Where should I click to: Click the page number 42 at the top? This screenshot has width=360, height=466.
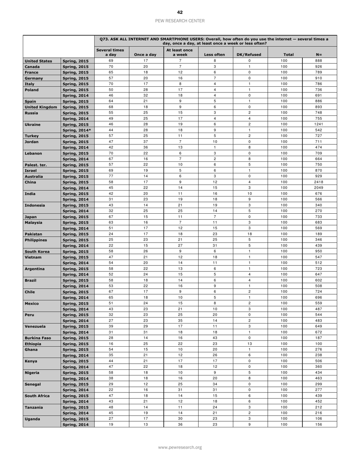180,12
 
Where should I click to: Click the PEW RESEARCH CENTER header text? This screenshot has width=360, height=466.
180,21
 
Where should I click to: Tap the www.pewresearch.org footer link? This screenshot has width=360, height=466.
180,447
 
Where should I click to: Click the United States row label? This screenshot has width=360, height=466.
38,61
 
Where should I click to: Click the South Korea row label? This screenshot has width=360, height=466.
37,252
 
